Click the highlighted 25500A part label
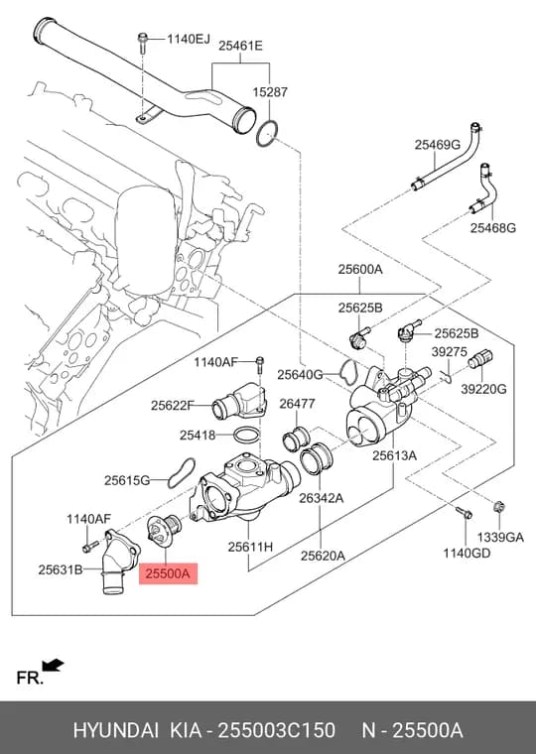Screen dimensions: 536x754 tap(169, 573)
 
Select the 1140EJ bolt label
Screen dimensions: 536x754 tap(189, 39)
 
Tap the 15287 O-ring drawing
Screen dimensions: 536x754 tap(267, 134)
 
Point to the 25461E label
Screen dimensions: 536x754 tap(240, 47)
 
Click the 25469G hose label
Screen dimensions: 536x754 tap(438, 144)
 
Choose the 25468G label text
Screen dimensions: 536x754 tap(493, 227)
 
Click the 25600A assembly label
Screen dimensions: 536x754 tap(360, 269)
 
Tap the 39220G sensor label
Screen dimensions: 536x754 tap(483, 389)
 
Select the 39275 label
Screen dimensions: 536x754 tap(449, 352)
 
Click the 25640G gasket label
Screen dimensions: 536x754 tap(300, 375)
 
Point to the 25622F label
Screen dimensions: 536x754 tap(172, 406)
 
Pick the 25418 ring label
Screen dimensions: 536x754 tap(198, 436)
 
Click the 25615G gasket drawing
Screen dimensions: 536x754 tap(182, 472)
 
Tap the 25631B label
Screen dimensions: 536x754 tap(61, 569)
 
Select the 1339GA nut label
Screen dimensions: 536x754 tap(500, 537)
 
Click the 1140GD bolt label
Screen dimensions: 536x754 tap(467, 554)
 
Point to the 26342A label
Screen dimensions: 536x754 tap(322, 498)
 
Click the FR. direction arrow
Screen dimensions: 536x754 tap(53, 665)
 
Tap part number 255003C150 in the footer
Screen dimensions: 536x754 tap(277, 730)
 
